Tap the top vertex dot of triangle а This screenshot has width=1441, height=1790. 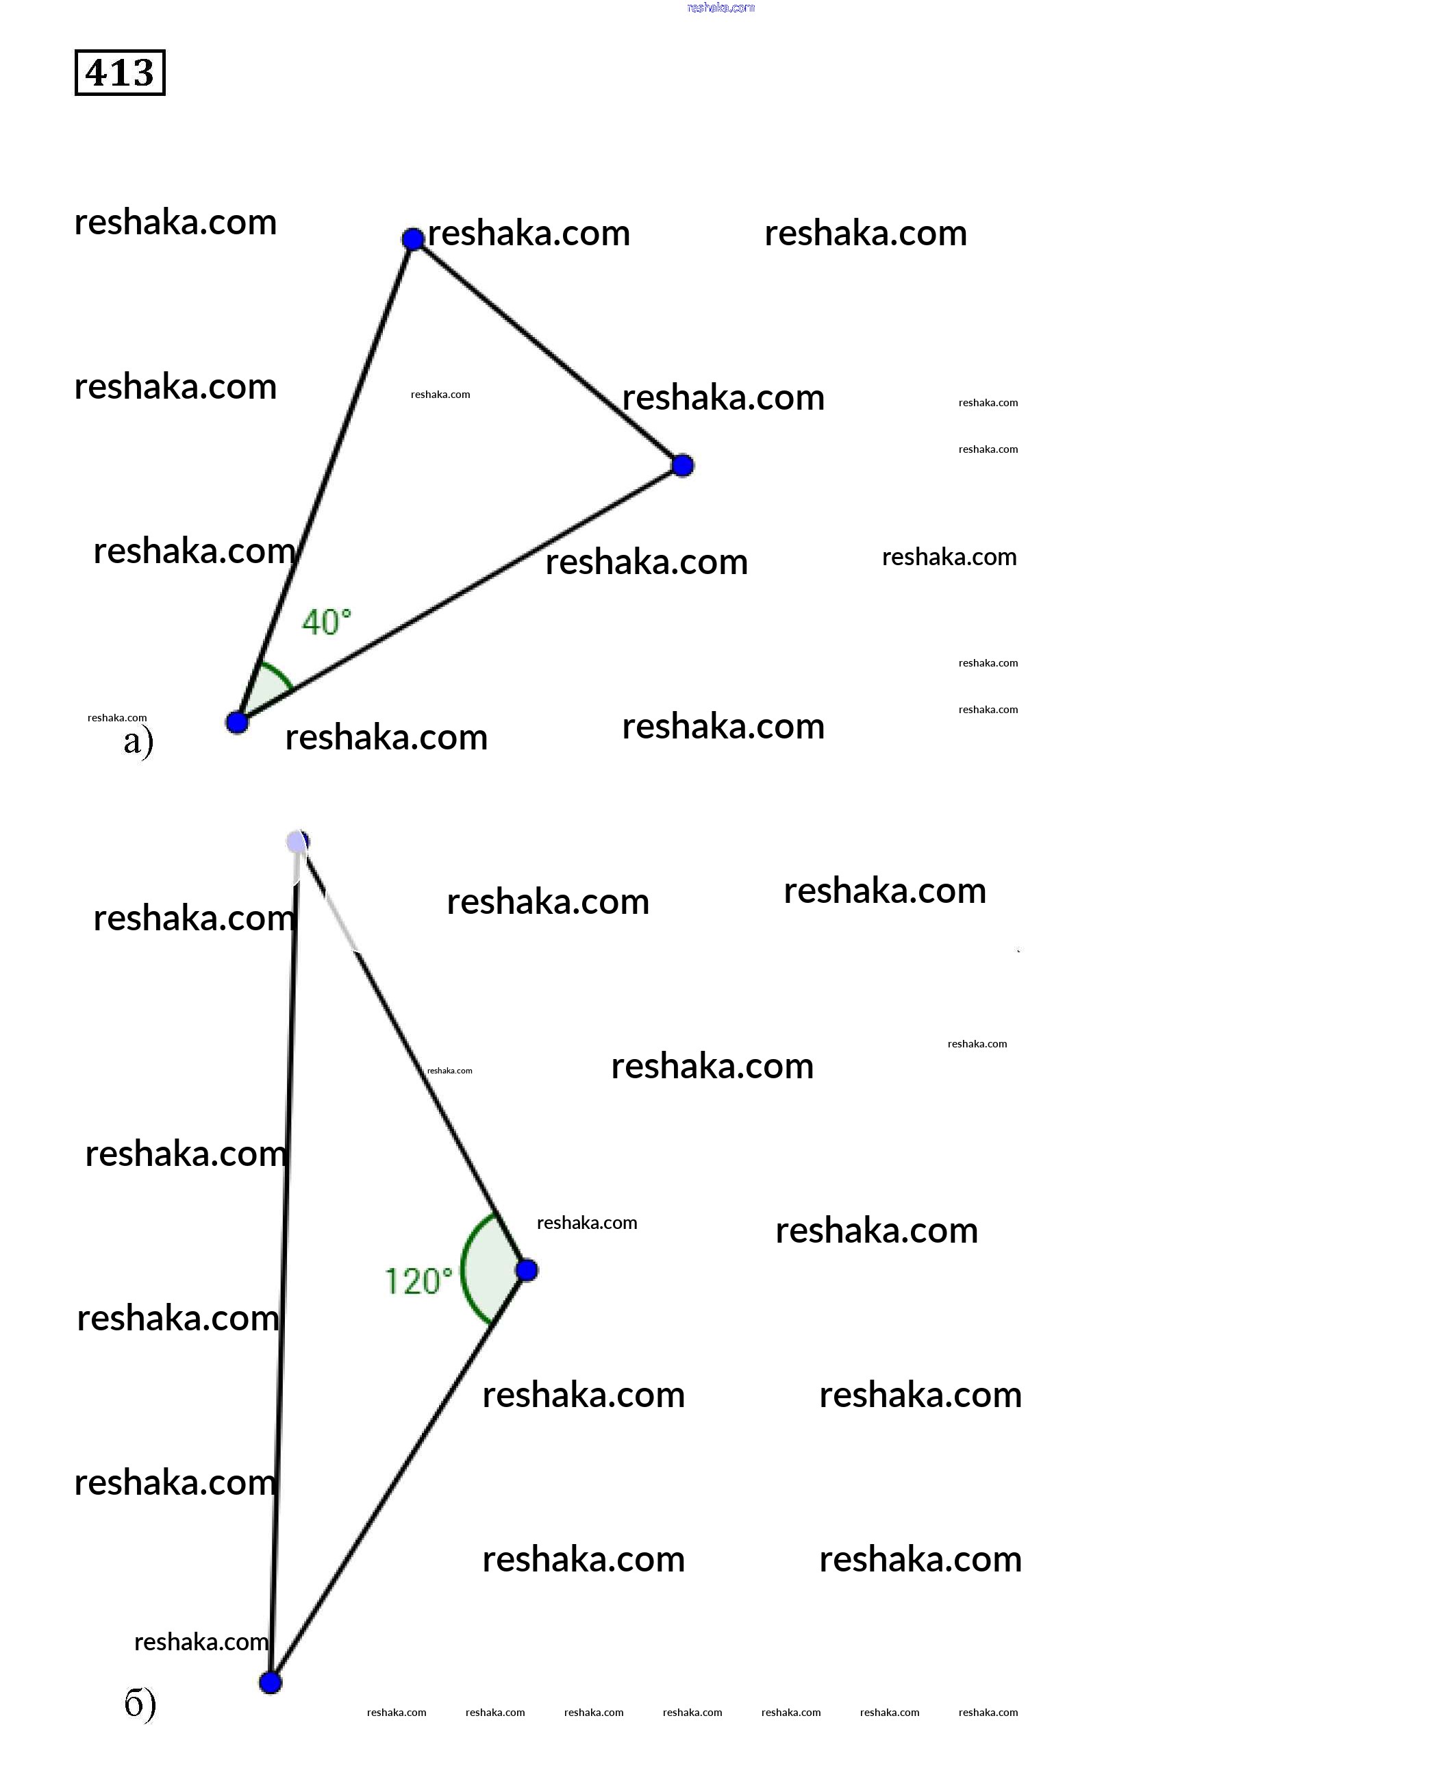click(412, 239)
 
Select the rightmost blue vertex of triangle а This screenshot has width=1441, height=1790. click(682, 466)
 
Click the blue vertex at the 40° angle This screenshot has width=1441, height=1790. click(238, 722)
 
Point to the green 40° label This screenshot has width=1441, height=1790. click(326, 622)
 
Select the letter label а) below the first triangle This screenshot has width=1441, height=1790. click(138, 741)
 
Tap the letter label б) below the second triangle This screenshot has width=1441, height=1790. click(140, 1704)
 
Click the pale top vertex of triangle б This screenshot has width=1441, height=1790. click(297, 842)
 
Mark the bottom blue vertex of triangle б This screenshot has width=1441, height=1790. click(271, 1683)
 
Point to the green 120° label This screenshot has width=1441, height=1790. click(418, 1281)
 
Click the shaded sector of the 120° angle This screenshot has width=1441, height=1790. click(486, 1269)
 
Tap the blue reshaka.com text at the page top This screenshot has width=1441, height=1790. click(720, 8)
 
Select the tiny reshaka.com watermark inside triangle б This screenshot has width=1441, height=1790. click(449, 1070)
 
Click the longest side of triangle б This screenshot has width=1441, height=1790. click(284, 1262)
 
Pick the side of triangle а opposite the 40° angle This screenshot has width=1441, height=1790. click(548, 352)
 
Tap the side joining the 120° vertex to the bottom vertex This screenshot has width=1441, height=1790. click(399, 1476)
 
